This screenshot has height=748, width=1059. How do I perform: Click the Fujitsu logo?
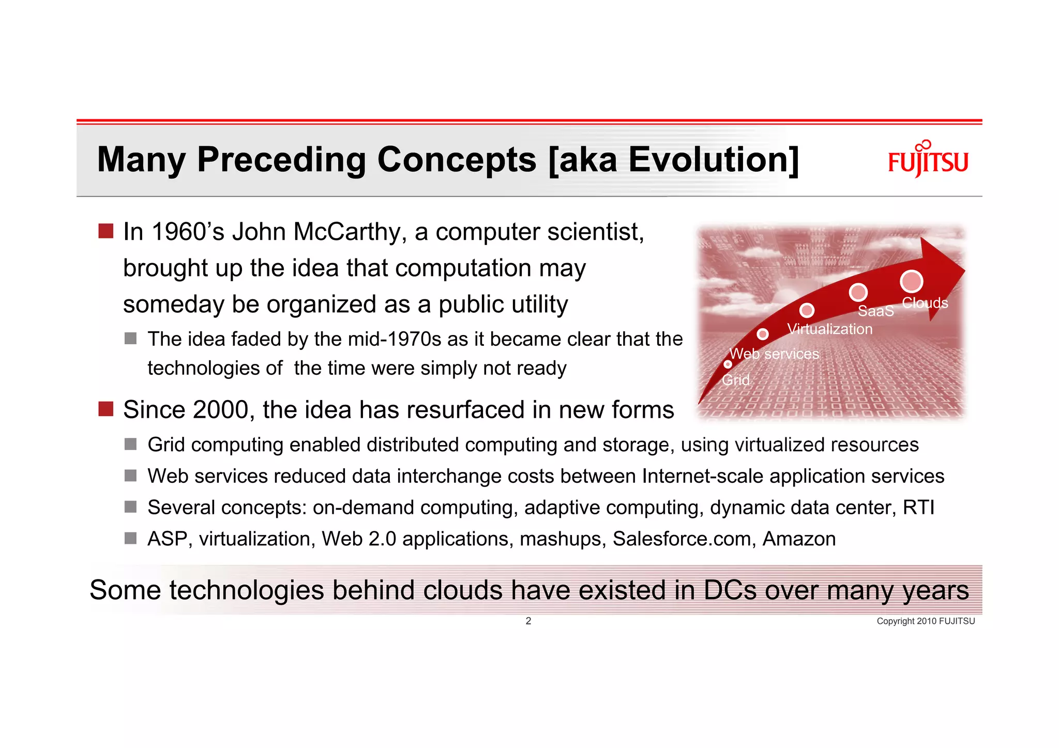928,160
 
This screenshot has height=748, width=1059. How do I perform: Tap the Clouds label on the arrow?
925,303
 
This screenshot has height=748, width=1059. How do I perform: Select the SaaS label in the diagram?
875,311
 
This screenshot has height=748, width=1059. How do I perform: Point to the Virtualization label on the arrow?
829,329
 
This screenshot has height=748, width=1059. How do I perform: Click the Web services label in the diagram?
774,354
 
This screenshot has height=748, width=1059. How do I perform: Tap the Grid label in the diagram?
735,380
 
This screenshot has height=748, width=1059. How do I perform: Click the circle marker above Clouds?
911,281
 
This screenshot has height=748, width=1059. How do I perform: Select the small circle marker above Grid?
728,364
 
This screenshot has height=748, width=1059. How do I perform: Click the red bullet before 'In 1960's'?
106,231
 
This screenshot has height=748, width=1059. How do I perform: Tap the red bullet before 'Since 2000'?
106,409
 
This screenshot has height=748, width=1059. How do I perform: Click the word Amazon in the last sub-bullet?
799,539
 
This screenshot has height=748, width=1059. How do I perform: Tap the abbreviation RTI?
918,508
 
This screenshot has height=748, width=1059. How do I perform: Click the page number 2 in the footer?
528,621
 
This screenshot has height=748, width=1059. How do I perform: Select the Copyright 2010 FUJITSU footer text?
925,621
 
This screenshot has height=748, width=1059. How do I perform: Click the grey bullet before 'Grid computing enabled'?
130,445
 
